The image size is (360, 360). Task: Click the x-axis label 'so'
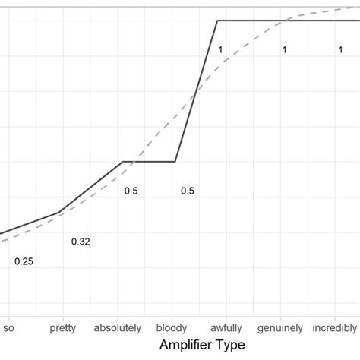pyautogui.click(x=9, y=328)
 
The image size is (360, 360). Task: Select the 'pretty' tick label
pyautogui.click(x=62, y=328)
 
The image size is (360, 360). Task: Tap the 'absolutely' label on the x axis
pyautogui.click(x=118, y=328)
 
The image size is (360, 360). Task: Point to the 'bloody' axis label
pyautogui.click(x=172, y=328)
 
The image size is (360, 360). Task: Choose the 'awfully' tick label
pyautogui.click(x=226, y=328)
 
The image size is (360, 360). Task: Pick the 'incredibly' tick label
pyautogui.click(x=334, y=328)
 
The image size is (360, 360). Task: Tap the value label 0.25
pyautogui.click(x=24, y=261)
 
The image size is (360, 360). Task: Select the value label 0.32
pyautogui.click(x=81, y=242)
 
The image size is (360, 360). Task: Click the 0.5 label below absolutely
pyautogui.click(x=131, y=191)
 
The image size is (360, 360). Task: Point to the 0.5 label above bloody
pyautogui.click(x=188, y=191)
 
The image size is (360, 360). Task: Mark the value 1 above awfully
pyautogui.click(x=219, y=50)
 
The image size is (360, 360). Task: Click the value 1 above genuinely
pyautogui.click(x=284, y=50)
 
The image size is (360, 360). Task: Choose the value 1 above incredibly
pyautogui.click(x=341, y=50)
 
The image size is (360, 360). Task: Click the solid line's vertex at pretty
pyautogui.click(x=59, y=213)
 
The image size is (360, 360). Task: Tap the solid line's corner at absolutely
pyautogui.click(x=123, y=161)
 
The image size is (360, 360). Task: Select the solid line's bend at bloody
pyautogui.click(x=175, y=161)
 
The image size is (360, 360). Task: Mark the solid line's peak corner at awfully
pyautogui.click(x=218, y=21)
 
